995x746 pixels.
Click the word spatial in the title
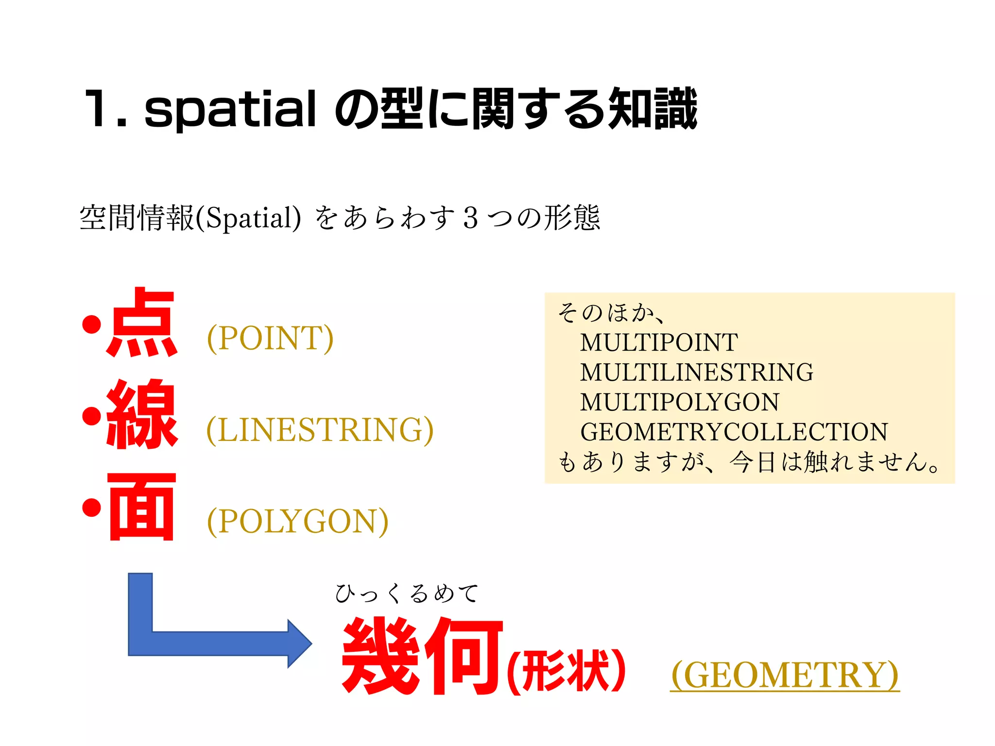(230, 110)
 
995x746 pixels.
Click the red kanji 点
(142, 322)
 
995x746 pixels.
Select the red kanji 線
(142, 414)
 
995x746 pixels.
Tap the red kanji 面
(142, 507)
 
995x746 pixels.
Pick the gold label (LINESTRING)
(320, 430)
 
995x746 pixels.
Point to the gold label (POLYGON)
(298, 521)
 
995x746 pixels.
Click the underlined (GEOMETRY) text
(785, 675)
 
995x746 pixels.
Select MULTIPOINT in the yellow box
(659, 342)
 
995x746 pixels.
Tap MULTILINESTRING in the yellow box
(697, 373)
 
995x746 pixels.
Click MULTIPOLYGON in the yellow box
(680, 402)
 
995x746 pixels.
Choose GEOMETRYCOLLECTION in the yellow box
(734, 432)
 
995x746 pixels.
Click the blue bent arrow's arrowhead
(299, 644)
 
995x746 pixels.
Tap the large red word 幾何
(422, 656)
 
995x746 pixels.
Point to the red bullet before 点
(91, 324)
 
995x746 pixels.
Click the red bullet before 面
(91, 508)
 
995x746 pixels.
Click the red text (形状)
(566, 670)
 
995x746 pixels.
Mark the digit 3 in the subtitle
(470, 218)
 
